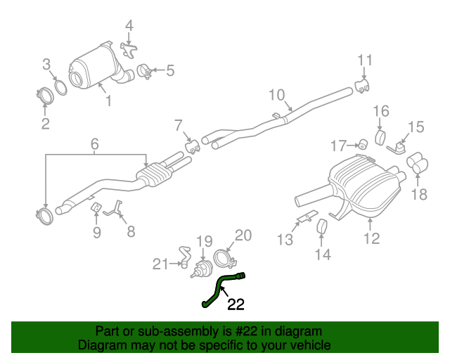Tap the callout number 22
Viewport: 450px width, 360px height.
pyautogui.click(x=236, y=304)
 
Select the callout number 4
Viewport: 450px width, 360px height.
pyautogui.click(x=129, y=27)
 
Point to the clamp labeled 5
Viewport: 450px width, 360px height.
pyautogui.click(x=144, y=71)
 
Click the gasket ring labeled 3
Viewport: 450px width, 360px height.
pyautogui.click(x=60, y=86)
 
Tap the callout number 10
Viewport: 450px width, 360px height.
pyautogui.click(x=276, y=95)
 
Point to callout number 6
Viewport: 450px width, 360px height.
pyautogui.click(x=94, y=145)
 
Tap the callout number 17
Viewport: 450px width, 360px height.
pyautogui.click(x=339, y=146)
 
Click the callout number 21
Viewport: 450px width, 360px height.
pyautogui.click(x=162, y=264)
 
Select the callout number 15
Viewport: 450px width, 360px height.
pyautogui.click(x=416, y=127)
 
